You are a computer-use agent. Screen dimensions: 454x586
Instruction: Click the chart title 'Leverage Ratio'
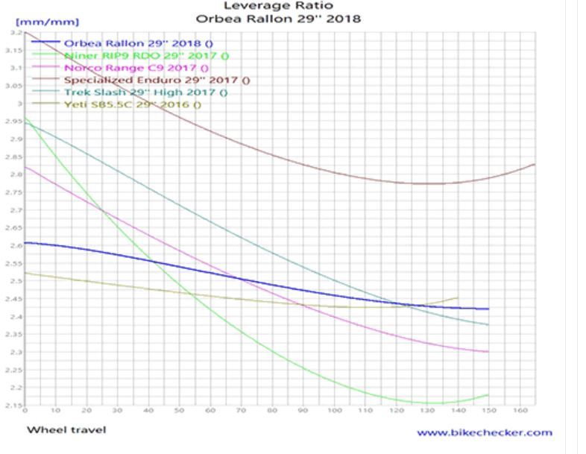click(278, 6)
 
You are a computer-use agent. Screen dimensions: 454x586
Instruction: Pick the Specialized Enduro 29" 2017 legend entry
click(157, 80)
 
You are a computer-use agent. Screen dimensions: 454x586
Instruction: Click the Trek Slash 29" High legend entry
click(145, 92)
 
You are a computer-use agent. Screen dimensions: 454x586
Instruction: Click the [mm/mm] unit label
click(52, 22)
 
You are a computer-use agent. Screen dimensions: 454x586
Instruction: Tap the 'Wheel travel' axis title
click(66, 429)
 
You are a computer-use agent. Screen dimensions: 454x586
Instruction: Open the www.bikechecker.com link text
click(485, 432)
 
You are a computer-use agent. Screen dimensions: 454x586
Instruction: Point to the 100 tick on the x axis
click(334, 411)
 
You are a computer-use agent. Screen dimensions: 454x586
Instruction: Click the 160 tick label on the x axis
click(519, 411)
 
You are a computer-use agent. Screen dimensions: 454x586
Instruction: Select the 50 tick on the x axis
click(180, 411)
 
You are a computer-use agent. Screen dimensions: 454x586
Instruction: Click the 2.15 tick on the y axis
click(15, 405)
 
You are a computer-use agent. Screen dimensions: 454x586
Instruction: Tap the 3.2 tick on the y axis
click(16, 33)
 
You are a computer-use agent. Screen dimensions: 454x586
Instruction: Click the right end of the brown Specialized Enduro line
click(535, 164)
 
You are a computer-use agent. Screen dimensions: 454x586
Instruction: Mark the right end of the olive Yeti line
click(458, 297)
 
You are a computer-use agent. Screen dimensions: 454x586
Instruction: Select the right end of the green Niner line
click(488, 394)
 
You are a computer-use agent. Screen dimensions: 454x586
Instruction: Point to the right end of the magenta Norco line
click(488, 351)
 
